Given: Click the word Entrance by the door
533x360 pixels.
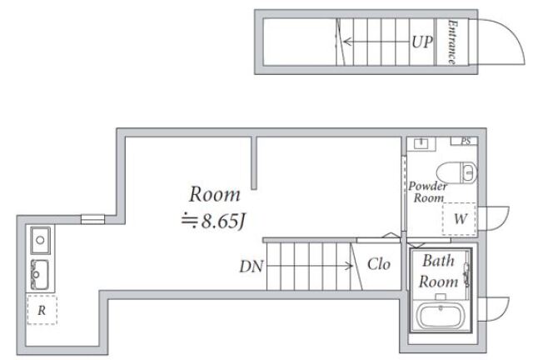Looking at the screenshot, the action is tap(452, 42).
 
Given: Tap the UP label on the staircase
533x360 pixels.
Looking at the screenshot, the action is tap(422, 42).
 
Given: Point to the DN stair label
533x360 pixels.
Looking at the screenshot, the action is tap(252, 267).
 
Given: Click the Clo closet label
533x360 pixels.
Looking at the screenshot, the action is tap(379, 264).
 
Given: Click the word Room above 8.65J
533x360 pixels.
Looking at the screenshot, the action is tap(215, 194).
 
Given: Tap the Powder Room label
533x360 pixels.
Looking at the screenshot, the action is tap(428, 192).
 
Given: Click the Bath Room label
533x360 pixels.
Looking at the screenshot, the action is tap(439, 271).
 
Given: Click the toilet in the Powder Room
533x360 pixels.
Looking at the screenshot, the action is tap(456, 172).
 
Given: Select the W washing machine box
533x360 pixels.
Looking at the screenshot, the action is tap(459, 219).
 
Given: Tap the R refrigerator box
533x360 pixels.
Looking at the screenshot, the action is tap(42, 310).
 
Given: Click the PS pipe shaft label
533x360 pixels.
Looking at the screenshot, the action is tap(466, 141).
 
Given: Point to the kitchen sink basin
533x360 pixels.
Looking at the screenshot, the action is tap(40, 274).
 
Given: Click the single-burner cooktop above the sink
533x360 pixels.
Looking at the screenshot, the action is tap(40, 240).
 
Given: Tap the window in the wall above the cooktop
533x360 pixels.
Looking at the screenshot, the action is tap(92, 219).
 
